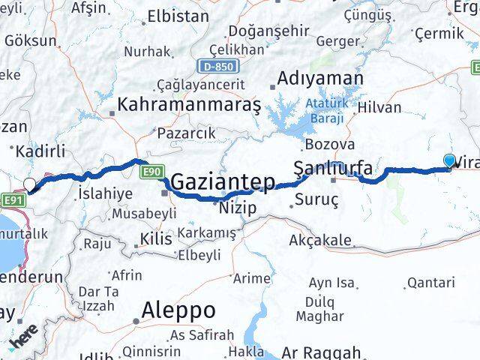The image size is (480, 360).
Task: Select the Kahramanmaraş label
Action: click(188, 103)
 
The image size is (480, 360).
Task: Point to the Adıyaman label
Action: click(320, 78)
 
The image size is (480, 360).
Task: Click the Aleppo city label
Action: click(179, 310)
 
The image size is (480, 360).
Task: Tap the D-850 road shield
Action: click(215, 66)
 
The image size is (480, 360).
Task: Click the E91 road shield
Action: click(11, 200)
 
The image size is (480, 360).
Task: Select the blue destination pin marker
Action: click(449, 160)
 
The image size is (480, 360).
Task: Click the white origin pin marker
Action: click(30, 184)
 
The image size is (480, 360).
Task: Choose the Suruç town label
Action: click(316, 199)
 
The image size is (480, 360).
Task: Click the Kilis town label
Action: click(156, 240)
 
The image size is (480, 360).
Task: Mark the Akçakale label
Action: click(320, 240)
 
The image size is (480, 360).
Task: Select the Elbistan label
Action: click(178, 15)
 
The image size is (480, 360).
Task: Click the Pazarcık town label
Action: click(186, 133)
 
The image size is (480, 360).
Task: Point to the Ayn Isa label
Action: click(331, 283)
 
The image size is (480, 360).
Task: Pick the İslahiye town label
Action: click(105, 193)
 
